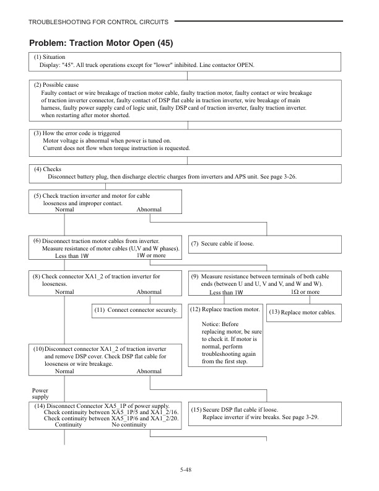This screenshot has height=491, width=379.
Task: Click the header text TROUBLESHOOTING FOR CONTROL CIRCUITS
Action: coord(98,22)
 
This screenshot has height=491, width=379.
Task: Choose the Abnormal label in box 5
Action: coord(149,210)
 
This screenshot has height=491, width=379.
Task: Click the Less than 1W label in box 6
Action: coord(72,255)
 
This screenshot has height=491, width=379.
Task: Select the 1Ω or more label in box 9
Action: coord(305,292)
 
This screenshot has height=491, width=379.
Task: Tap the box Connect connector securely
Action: coord(136,309)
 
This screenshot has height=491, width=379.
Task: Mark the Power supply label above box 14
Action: coord(40,394)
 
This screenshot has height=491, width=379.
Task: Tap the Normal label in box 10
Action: coord(64,371)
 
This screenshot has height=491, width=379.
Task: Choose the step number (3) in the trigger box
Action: coord(38,133)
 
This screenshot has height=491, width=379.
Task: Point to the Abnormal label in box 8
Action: coord(149,291)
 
